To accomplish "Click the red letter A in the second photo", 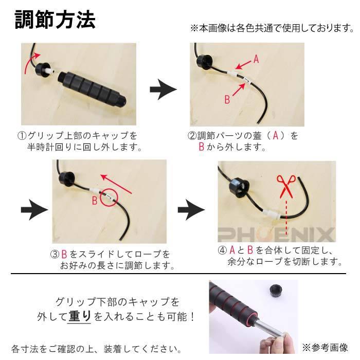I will pos(256,59).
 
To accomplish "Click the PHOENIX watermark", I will pos(276,236).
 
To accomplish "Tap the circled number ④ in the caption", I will pos(222,250).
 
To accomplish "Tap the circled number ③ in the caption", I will pos(55,255).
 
